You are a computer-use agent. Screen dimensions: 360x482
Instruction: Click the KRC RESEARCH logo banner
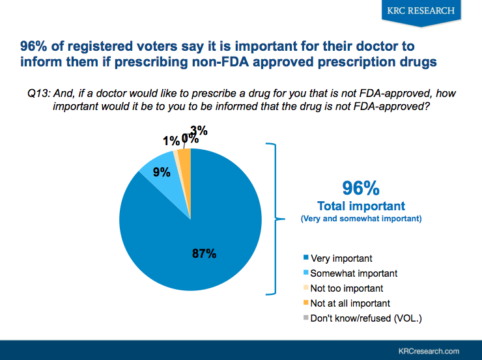[421, 11]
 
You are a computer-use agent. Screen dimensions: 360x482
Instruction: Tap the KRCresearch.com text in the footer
[433, 350]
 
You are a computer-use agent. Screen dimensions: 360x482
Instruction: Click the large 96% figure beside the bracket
[360, 188]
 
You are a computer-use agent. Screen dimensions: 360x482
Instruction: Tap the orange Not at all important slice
[184, 159]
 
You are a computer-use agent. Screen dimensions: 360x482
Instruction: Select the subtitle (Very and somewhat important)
[361, 219]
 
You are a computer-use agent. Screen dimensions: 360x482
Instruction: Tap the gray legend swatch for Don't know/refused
[306, 318]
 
